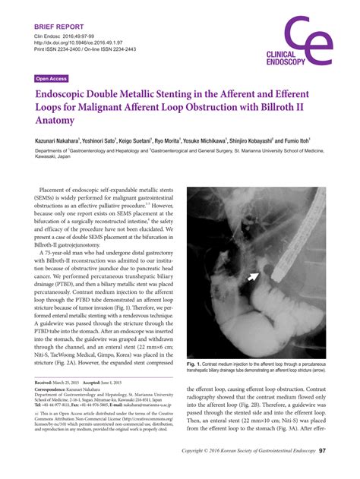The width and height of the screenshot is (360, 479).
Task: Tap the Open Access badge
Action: [x=52, y=78]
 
